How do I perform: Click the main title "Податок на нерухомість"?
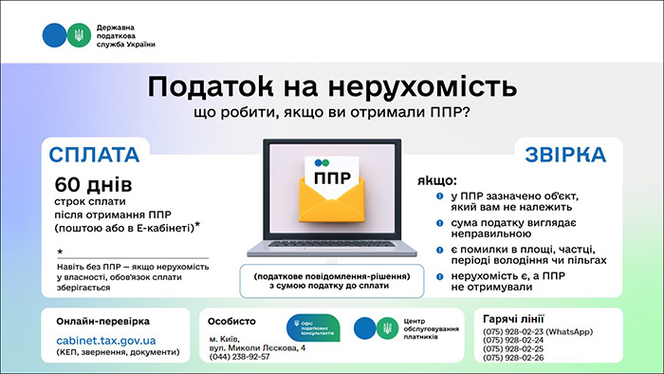[332, 86]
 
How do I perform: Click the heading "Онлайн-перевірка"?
[102, 321]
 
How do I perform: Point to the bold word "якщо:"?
[435, 179]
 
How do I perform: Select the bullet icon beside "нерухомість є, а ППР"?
[440, 275]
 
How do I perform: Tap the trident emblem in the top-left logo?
[79, 35]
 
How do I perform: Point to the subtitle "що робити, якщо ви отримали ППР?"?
[332, 113]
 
